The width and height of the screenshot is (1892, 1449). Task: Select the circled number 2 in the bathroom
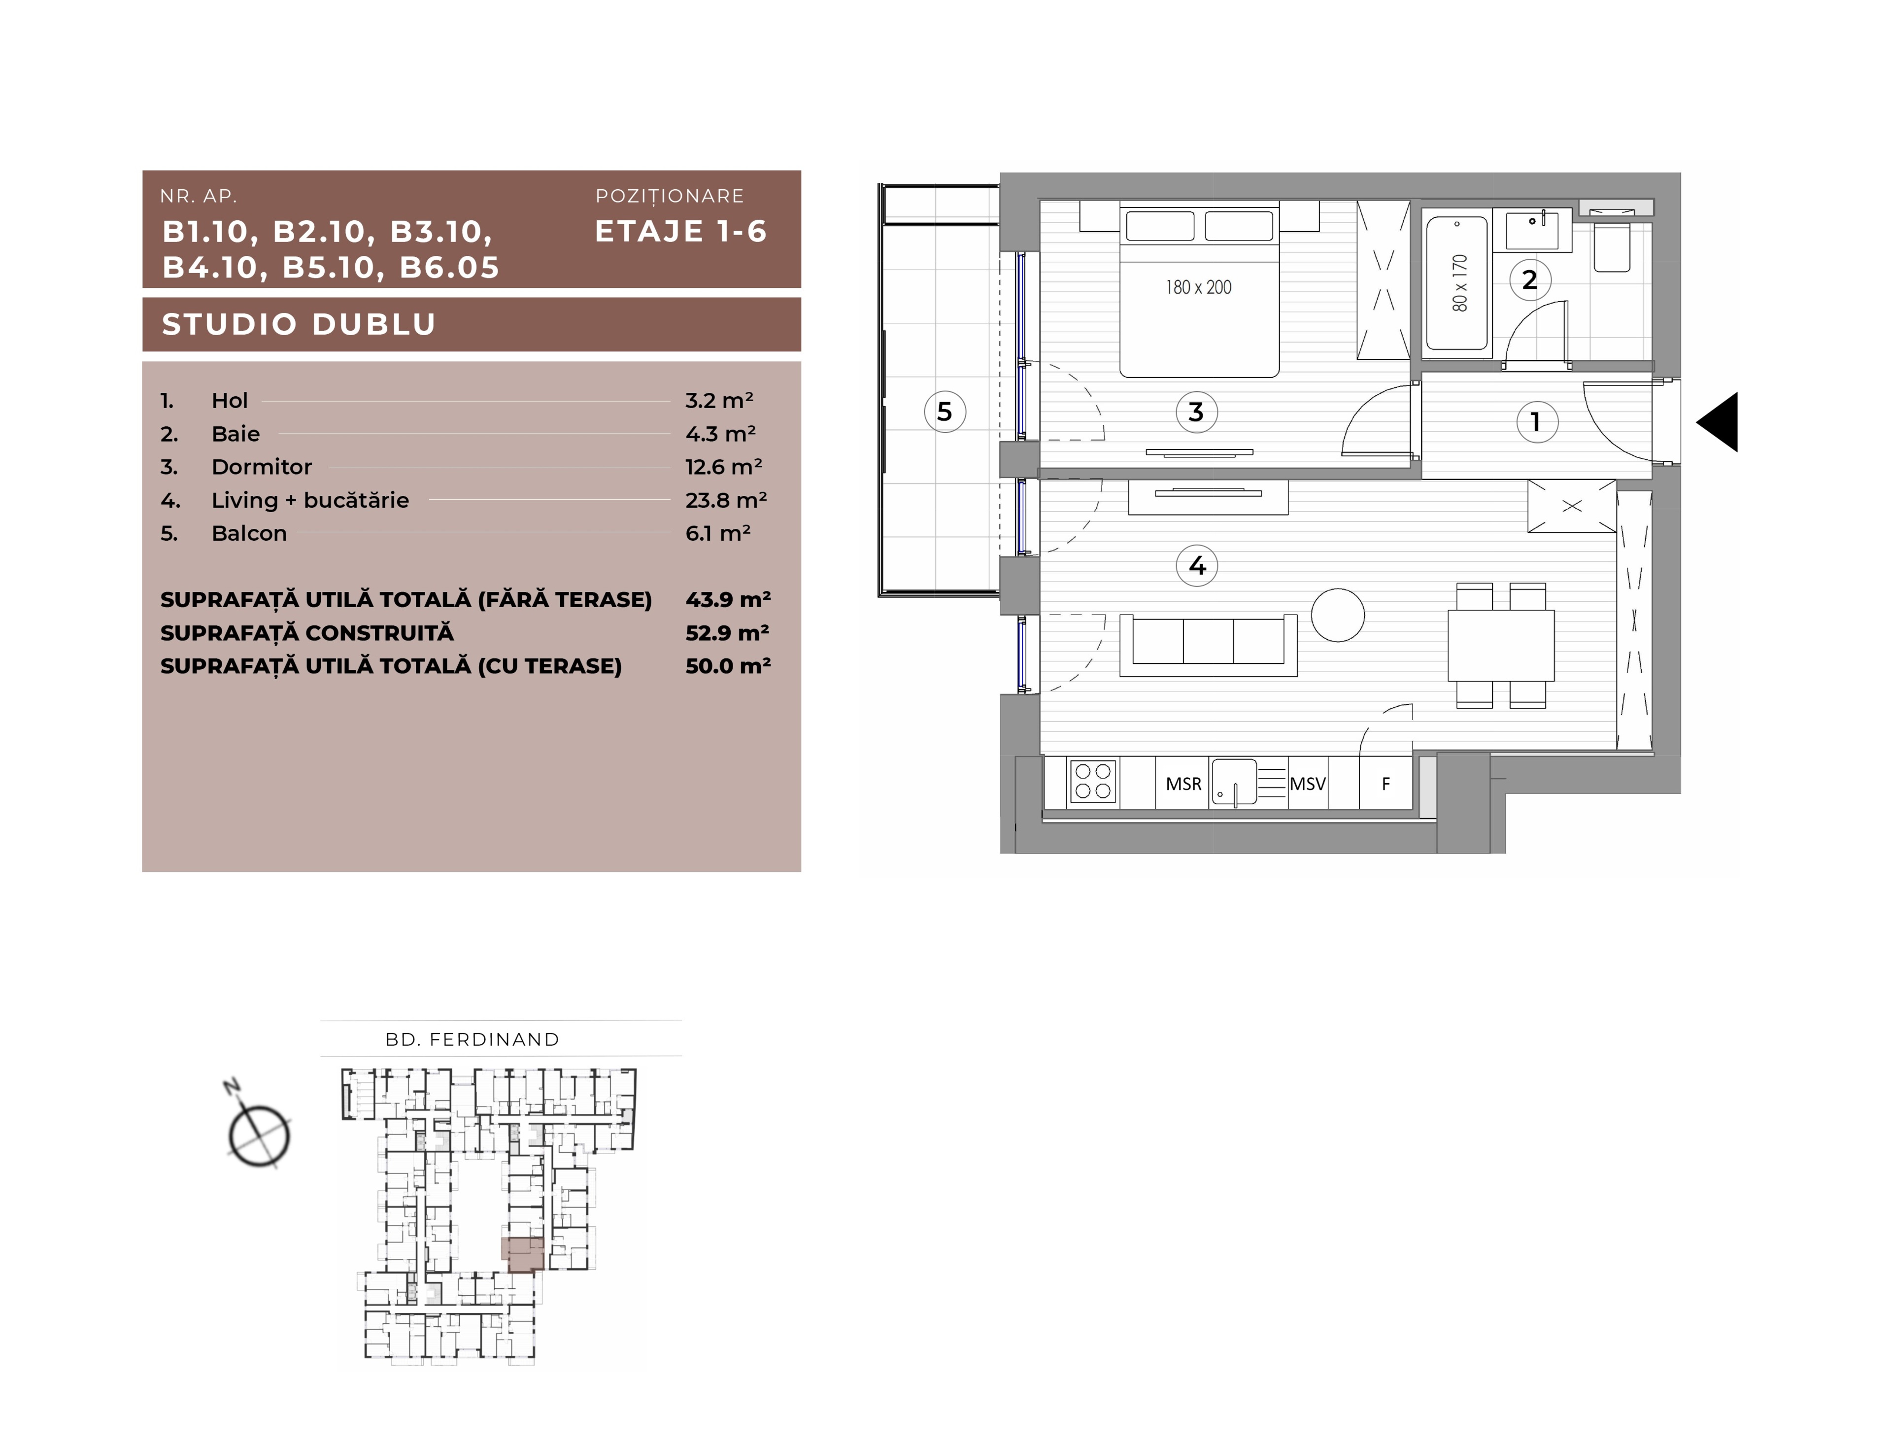coord(1530,279)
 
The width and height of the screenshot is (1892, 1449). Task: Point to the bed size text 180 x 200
coord(1199,287)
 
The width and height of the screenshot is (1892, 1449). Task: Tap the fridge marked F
coord(1386,783)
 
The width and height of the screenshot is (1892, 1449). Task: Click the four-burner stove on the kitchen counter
coord(1093,782)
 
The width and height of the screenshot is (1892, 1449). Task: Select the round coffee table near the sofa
coord(1338,615)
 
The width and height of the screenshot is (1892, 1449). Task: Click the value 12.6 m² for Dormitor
coord(723,467)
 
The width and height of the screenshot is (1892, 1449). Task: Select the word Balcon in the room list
coord(249,533)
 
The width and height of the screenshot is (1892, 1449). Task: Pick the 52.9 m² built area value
coord(727,632)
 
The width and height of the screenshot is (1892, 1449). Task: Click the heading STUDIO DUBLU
coord(299,324)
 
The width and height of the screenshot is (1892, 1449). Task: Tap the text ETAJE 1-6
coord(680,231)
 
